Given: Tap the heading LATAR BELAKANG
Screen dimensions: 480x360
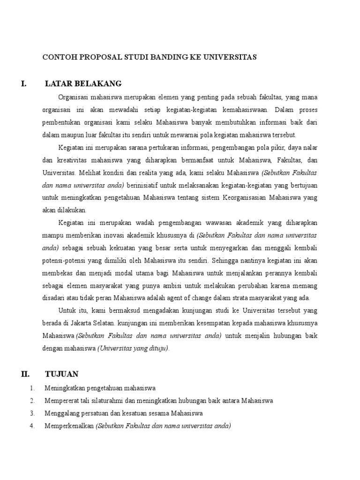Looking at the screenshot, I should click(83, 84).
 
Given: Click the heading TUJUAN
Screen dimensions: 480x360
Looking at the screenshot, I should click(61, 374).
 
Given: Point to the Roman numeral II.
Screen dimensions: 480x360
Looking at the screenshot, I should click(25, 374).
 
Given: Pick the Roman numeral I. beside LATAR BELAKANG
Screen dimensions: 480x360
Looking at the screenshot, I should click(23, 84).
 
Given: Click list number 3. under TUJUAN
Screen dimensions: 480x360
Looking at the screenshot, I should click(32, 413).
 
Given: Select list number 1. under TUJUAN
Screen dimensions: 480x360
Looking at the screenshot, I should click(32, 389).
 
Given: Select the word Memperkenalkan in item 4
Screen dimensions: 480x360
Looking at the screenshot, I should click(69, 426).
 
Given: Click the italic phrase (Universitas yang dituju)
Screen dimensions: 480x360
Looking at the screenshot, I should click(133, 348).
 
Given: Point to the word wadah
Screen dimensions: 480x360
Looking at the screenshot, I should click(144, 222).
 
